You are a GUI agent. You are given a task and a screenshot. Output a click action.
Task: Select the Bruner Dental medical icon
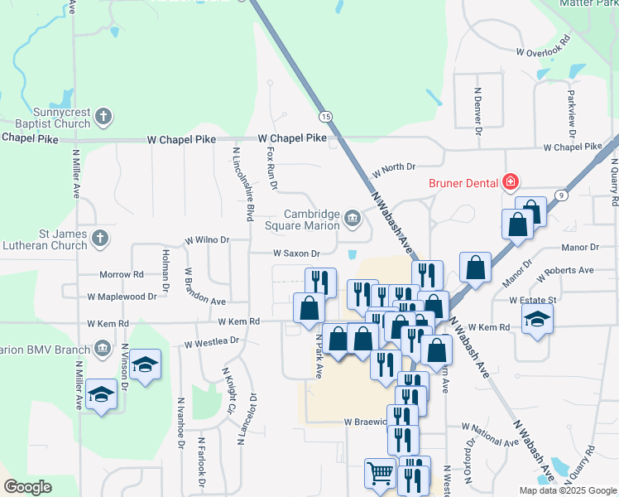click(x=511, y=182)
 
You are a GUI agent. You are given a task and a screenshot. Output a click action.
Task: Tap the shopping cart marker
click(x=380, y=474)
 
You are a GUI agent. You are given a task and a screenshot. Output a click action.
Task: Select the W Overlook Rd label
click(x=544, y=46)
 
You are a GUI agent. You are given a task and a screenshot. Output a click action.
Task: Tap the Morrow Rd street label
click(x=121, y=274)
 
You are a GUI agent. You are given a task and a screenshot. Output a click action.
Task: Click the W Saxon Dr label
click(x=296, y=253)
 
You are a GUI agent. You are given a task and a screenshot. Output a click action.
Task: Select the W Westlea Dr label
click(x=211, y=341)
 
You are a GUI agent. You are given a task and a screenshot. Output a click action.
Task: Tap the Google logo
click(x=27, y=487)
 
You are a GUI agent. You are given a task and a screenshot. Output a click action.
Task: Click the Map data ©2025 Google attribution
click(x=567, y=490)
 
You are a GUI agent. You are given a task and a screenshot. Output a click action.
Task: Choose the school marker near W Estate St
click(x=537, y=321)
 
